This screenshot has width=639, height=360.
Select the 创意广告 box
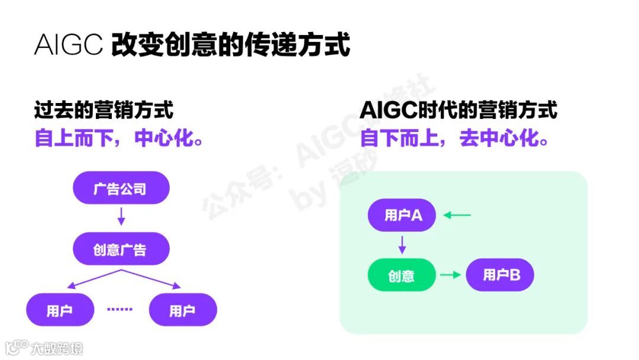(121, 249)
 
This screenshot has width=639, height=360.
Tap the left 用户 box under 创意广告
(60, 310)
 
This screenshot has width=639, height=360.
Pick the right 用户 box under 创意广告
(183, 310)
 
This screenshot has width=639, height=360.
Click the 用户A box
(402, 214)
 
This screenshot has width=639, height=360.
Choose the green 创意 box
(401, 275)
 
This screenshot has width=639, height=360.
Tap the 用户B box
(500, 275)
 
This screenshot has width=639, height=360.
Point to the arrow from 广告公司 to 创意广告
(121, 216)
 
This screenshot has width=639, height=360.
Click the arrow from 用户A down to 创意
(402, 244)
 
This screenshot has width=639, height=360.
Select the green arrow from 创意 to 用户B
(450, 275)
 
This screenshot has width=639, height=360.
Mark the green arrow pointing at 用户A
(457, 215)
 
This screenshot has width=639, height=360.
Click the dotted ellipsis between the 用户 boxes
(121, 309)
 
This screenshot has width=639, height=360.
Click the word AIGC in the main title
(69, 45)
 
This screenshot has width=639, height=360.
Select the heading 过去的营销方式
(104, 110)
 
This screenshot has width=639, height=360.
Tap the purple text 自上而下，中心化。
(119, 138)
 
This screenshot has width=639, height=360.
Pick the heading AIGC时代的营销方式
(458, 110)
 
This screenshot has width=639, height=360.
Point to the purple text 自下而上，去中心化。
(454, 138)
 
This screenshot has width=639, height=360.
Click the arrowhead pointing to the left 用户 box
(66, 286)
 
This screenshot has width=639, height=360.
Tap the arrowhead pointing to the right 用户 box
(176, 286)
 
